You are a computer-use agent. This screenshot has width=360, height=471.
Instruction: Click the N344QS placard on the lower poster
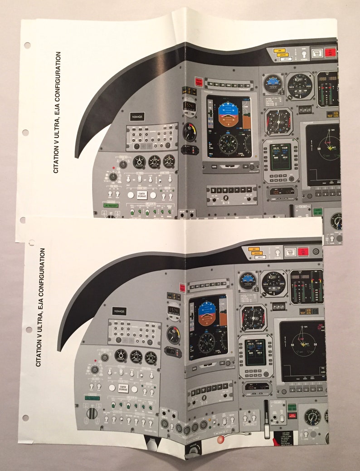coord(120,311)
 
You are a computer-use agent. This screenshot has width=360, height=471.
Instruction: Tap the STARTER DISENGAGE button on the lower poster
coord(123,388)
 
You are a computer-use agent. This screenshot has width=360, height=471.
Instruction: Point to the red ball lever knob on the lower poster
coord(220,440)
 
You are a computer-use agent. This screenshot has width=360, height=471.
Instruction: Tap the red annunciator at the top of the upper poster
coord(331,52)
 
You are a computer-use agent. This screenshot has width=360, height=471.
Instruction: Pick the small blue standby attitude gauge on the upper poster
coord(273,84)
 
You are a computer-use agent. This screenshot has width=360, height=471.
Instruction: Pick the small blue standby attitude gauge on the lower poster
coord(248,281)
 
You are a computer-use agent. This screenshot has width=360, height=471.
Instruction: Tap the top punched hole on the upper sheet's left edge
coord(27,45)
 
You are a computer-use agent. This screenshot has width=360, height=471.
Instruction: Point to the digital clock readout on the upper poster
coord(189,107)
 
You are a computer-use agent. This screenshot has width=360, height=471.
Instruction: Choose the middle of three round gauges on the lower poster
coord(136,356)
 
